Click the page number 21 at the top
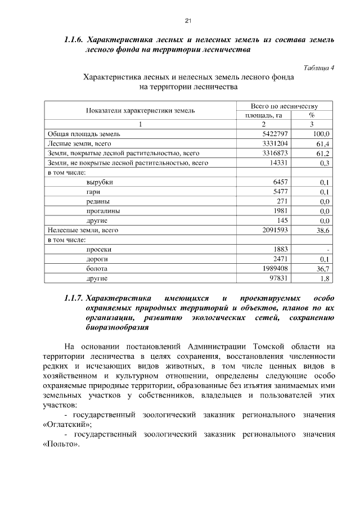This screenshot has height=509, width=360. (x=188, y=21)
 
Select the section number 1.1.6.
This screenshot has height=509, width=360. (x=73, y=40)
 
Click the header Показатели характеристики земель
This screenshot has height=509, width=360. (x=140, y=111)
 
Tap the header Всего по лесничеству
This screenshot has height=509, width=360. (x=285, y=106)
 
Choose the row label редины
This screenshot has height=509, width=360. (x=98, y=201)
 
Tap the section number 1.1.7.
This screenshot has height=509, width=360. (x=73, y=297)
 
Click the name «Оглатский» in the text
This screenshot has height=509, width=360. (x=67, y=425)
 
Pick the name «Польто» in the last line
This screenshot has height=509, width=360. (x=61, y=444)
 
